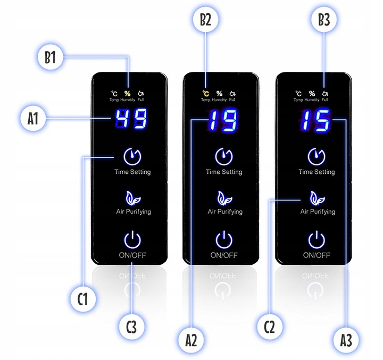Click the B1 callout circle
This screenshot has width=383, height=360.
[51, 57]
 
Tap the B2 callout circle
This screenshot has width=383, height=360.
[205, 20]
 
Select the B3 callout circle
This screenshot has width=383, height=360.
[324, 20]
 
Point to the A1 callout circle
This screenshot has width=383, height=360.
[32, 119]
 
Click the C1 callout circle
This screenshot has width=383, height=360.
[83, 298]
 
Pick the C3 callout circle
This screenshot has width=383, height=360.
[131, 327]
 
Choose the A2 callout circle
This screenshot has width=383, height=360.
[191, 340]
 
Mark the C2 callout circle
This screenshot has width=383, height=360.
[270, 326]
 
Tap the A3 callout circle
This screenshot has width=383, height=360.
[346, 340]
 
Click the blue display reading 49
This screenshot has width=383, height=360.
[131, 119]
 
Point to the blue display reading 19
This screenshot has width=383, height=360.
[223, 120]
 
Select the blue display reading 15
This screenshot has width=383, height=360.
[315, 120]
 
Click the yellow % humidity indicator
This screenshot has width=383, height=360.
[128, 93]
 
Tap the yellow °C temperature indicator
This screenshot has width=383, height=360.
[206, 93]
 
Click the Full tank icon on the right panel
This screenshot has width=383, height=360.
[325, 93]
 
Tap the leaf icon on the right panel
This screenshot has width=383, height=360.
[317, 198]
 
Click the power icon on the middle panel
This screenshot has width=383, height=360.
[223, 239]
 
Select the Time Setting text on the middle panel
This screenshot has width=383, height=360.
[224, 172]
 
